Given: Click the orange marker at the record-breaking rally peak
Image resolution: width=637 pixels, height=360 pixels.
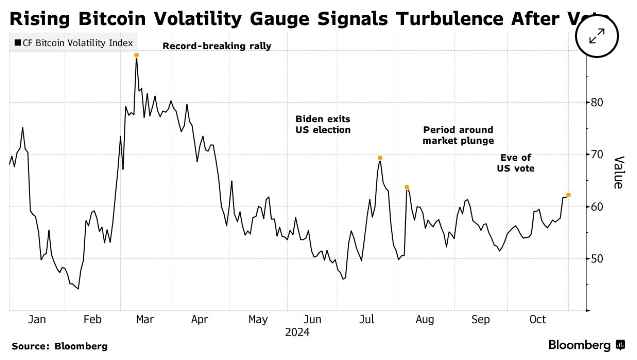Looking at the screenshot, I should (x=136, y=55).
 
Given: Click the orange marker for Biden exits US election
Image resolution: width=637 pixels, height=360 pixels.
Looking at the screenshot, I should (x=380, y=157).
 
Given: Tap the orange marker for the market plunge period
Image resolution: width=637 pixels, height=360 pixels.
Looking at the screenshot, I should (x=407, y=187).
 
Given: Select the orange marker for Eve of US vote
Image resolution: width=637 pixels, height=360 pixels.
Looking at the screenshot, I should (x=569, y=195).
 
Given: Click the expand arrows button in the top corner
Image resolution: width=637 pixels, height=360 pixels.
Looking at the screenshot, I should (x=598, y=36).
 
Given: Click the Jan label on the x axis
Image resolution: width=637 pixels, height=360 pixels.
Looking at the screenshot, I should (x=38, y=319).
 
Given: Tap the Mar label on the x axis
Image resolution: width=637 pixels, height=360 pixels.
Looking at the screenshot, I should (x=145, y=319).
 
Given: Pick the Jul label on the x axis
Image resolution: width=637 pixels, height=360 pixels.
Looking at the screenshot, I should (x=366, y=319).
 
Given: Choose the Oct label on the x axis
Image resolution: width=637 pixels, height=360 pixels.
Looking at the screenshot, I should (x=536, y=319).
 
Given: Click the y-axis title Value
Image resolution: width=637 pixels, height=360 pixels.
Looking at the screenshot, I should (x=620, y=173).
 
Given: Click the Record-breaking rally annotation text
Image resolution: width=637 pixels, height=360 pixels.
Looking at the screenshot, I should (x=203, y=47).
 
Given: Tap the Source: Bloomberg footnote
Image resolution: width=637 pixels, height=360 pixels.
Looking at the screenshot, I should (x=60, y=346).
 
